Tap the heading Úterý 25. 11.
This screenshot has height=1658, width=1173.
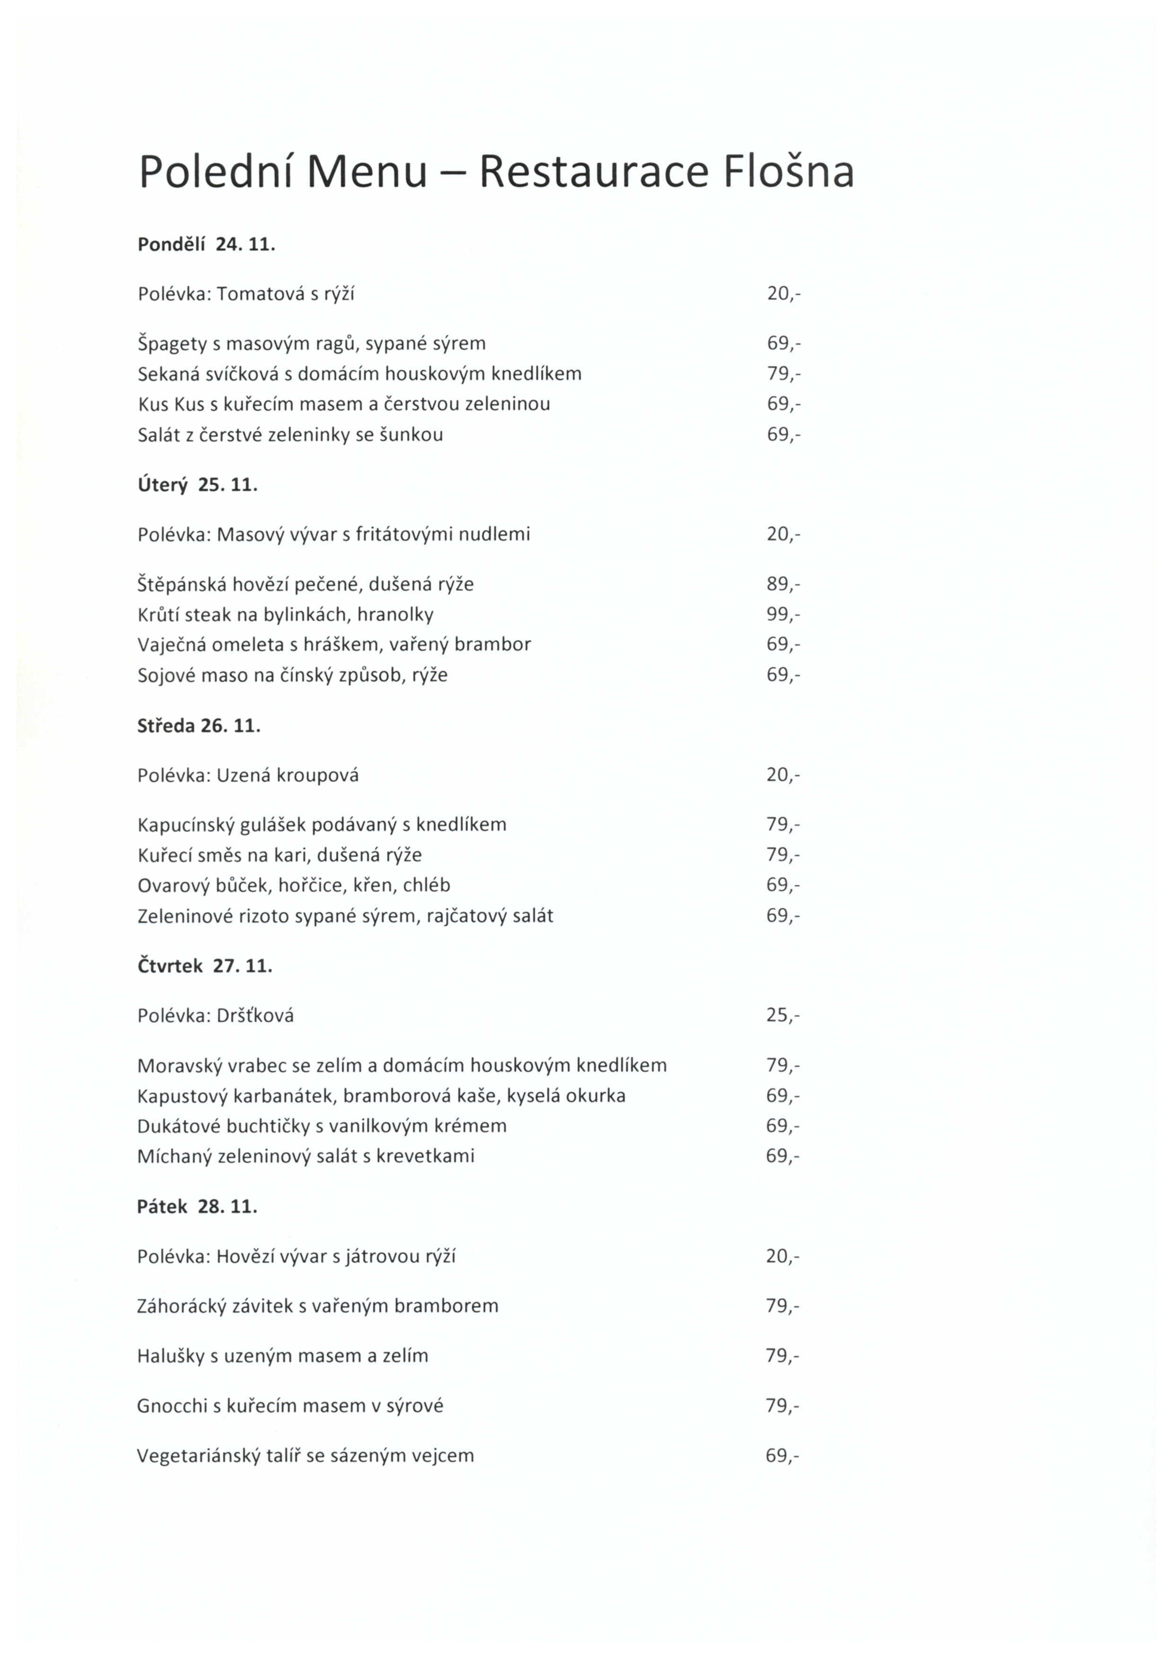(197, 485)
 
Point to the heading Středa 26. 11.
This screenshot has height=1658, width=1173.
(199, 726)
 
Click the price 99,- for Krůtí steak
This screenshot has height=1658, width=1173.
(783, 615)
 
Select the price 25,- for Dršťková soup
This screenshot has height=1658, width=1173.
(783, 1016)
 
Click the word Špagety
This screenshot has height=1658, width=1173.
(172, 344)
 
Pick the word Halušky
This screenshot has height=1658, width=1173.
(170, 1356)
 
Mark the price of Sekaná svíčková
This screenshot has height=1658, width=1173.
(783, 374)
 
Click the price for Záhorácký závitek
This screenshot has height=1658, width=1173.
(783, 1306)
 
